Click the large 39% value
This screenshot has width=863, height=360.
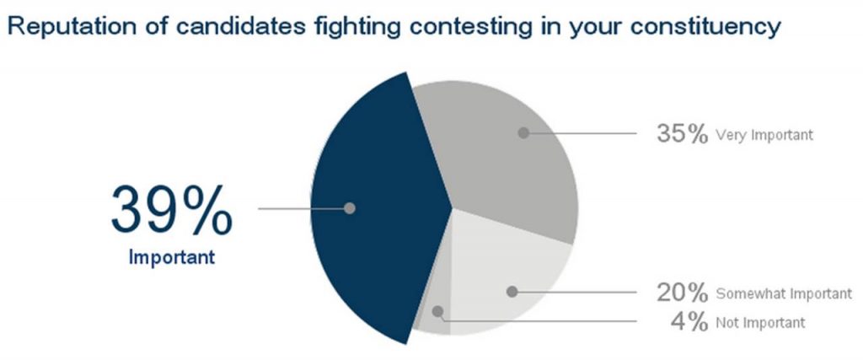(172, 211)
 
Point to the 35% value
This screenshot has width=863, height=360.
(682, 134)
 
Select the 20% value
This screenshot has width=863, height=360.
(682, 293)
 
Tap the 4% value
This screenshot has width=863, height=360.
(689, 322)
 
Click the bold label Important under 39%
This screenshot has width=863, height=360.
(172, 257)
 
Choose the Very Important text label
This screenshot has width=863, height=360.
(764, 135)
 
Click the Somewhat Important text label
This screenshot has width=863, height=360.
(784, 294)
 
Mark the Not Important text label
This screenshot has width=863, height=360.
(760, 323)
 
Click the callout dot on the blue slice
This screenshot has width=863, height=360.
(350, 208)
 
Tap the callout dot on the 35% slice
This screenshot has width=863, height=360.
(523, 132)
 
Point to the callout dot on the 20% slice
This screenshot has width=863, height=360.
(512, 292)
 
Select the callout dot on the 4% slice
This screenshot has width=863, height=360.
(437, 312)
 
